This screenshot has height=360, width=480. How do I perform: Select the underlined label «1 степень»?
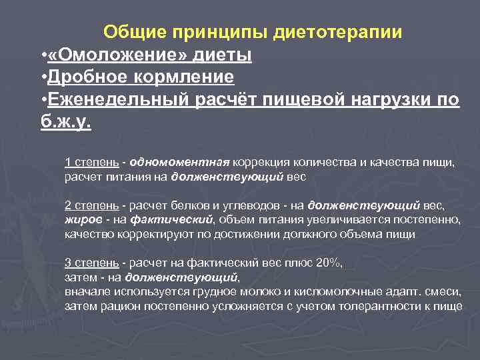[x=92, y=162]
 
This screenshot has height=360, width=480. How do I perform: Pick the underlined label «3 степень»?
[x=92, y=263]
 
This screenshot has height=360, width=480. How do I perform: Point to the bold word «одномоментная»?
[x=180, y=162]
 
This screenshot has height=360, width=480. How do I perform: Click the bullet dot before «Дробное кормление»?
[x=43, y=77]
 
